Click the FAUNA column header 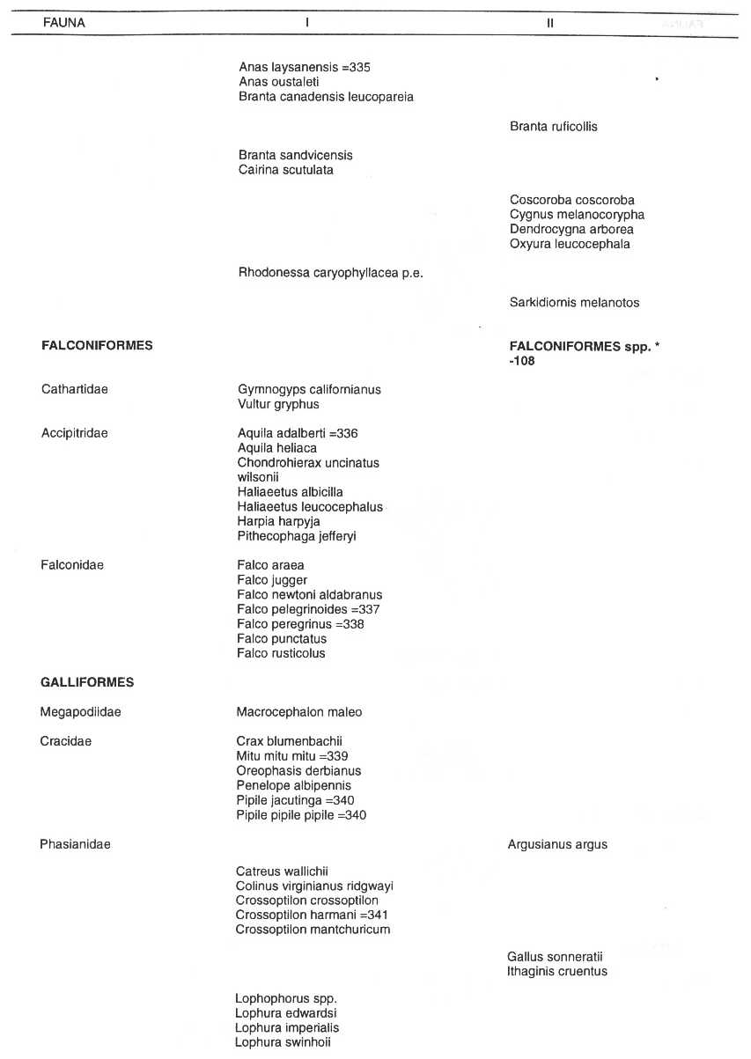[63, 23]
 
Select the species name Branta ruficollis [553, 127]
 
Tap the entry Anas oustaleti [272, 82]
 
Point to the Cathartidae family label [75, 389]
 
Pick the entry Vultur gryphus [278, 404]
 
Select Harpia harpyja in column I [278, 521]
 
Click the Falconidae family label [72, 565]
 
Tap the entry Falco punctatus [281, 639]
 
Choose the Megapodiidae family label [80, 712]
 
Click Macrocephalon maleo [298, 712]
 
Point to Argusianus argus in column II [557, 845]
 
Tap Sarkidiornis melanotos [574, 303]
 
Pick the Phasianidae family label [75, 845]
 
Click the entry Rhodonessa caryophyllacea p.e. [330, 273]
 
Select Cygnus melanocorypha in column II [577, 215]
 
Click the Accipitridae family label [74, 433]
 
